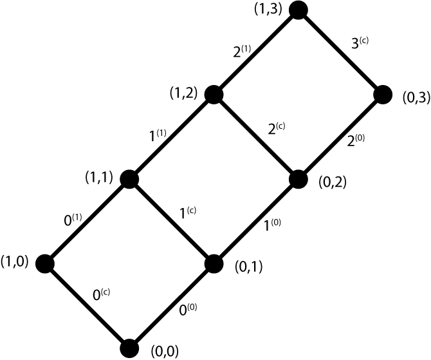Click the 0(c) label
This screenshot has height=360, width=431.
[101, 295]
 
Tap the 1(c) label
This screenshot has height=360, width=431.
[187, 213]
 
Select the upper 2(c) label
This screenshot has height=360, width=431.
[276, 128]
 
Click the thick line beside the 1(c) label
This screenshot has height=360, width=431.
[172, 222]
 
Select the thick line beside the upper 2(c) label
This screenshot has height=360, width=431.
[256, 137]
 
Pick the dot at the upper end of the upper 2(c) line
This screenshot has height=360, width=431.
[214, 95]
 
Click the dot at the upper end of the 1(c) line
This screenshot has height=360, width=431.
[130, 179]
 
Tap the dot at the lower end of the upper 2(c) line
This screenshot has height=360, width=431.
[298, 179]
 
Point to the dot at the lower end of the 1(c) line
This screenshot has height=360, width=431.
[213, 263]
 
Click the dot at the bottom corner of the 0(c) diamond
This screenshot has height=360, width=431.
[130, 346]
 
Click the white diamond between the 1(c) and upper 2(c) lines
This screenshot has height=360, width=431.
[214, 179]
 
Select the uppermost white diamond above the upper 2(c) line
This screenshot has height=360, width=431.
[298, 95]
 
